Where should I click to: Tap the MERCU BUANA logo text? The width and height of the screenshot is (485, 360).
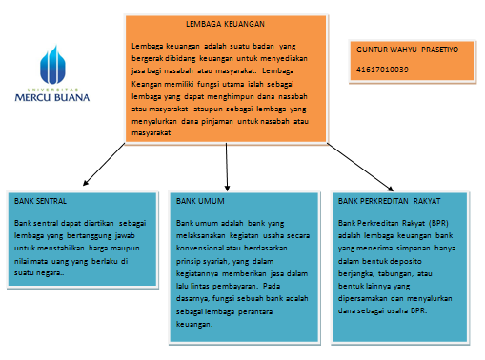pyautogui.click(x=65, y=96)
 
